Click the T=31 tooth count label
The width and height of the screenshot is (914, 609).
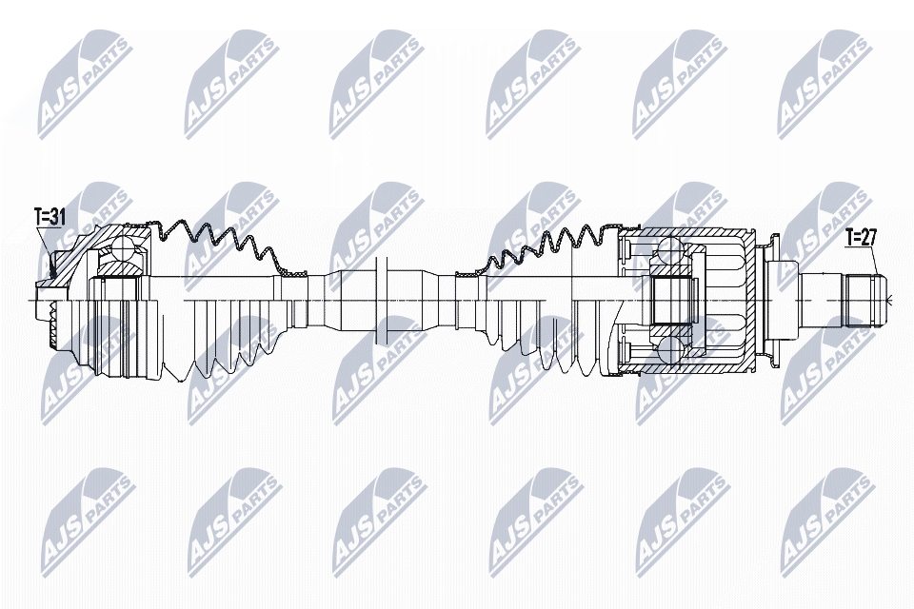pos(49,218)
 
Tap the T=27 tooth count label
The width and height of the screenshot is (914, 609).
pos(861,237)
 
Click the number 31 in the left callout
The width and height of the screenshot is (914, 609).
pos(57,218)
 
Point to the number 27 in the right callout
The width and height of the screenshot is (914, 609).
pos(869,237)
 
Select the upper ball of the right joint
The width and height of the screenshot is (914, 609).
pos(668,251)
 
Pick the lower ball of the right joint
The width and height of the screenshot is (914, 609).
pos(668,350)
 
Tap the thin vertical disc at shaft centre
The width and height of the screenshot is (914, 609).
pos(383,300)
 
